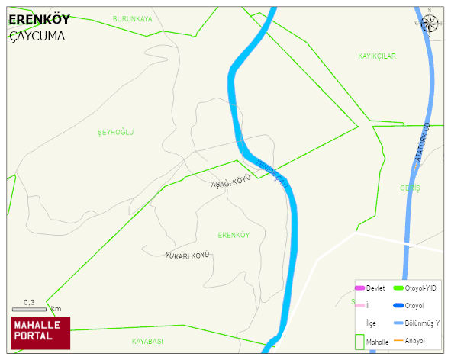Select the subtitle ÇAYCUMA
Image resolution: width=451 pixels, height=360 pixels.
coord(37,36)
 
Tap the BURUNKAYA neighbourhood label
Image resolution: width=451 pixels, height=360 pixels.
coord(132,18)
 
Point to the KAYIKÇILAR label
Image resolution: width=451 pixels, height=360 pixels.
coord(377,56)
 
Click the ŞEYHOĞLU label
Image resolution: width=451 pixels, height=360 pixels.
coord(116,133)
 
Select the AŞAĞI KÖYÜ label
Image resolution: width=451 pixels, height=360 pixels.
coord(231,182)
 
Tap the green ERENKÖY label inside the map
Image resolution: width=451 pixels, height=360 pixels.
coord(234,235)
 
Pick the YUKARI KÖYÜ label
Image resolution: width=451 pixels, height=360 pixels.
coord(187,255)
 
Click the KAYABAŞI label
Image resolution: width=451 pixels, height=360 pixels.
coord(147,341)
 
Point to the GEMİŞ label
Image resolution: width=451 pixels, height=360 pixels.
coord(410,188)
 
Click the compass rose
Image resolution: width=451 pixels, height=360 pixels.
coord(430,23)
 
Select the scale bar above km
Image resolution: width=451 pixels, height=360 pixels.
coord(29,310)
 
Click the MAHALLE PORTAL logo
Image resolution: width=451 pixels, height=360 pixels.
coord(40,332)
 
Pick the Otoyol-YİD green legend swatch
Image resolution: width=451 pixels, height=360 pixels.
coord(398,288)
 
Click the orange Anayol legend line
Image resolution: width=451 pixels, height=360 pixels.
coord(398,340)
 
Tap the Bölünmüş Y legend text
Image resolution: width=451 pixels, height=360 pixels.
coord(422,323)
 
